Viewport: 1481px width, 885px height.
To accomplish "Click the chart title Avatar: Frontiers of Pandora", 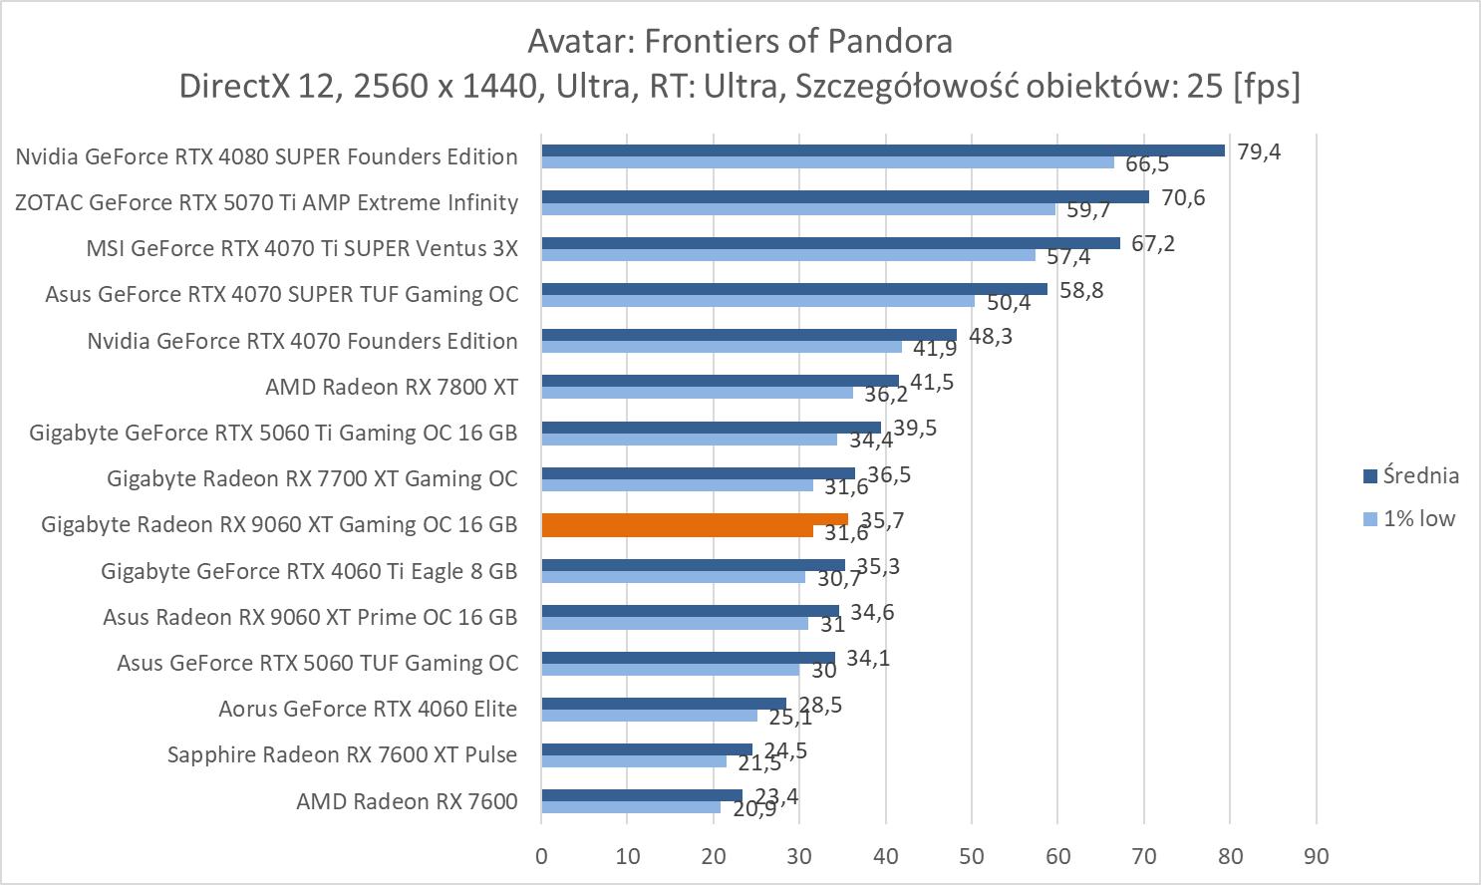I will (x=740, y=41).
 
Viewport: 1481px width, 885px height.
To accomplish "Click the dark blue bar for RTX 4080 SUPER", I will (x=882, y=150).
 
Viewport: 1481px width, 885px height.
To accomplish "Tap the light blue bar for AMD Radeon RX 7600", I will (x=630, y=807).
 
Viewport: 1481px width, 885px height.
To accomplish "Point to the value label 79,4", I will (x=1259, y=152).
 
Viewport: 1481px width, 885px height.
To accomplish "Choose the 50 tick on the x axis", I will (x=972, y=856).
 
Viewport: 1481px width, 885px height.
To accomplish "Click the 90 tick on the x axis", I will (x=1316, y=856).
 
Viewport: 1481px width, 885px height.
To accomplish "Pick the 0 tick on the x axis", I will (x=541, y=856).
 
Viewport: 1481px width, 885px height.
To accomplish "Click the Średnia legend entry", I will (x=1419, y=476).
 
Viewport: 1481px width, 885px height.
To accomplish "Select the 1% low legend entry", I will (x=1418, y=519).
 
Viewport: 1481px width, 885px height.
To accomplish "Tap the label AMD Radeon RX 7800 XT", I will (x=391, y=387).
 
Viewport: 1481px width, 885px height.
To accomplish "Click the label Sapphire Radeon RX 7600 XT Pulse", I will (x=342, y=754).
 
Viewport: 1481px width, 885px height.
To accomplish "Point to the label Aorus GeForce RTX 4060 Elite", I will (x=368, y=709).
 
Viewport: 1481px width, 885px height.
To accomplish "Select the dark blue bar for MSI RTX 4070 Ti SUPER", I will (x=830, y=243).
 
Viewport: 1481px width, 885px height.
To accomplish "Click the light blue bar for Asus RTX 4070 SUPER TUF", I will (x=757, y=301).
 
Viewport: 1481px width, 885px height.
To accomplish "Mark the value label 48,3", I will (x=991, y=337).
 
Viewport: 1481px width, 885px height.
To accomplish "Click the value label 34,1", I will (x=868, y=659).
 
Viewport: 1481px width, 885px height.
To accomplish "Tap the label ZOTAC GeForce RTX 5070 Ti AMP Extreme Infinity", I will (x=266, y=202).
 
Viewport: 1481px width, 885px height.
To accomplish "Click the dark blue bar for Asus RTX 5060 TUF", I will (x=688, y=658).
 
